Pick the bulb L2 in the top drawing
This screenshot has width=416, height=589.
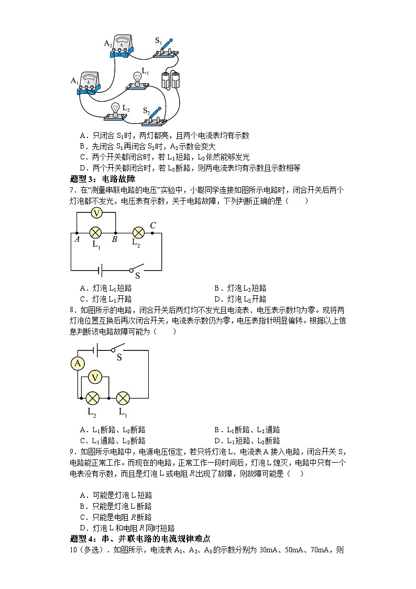click(115, 110)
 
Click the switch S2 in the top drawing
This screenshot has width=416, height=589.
click(156, 117)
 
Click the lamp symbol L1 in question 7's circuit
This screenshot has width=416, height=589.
click(95, 232)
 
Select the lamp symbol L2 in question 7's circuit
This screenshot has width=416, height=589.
click(138, 232)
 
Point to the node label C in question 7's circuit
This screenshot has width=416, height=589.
click(153, 226)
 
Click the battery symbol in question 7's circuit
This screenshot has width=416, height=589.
click(98, 271)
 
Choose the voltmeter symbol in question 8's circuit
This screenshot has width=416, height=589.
click(95, 378)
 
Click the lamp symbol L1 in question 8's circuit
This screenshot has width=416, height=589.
click(123, 398)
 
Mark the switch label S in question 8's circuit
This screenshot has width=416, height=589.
click(119, 357)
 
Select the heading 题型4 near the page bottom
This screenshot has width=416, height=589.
click(140, 539)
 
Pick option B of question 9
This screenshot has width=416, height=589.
click(116, 506)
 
